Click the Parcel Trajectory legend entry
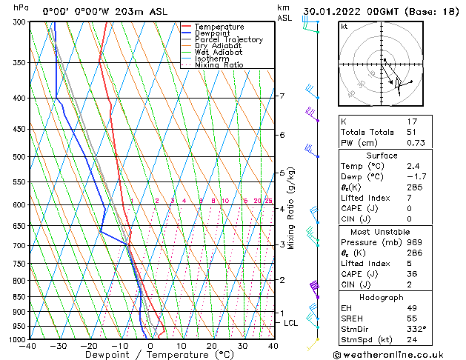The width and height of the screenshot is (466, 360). pyautogui.click(x=228, y=40)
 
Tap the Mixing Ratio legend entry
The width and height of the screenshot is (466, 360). pyautogui.click(x=219, y=65)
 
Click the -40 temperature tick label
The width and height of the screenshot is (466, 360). pyautogui.click(x=28, y=346)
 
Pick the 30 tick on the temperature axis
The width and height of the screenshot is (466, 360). pyautogui.click(x=242, y=346)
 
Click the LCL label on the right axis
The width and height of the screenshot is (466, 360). pyautogui.click(x=291, y=323)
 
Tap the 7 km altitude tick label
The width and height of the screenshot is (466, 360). pyautogui.click(x=282, y=96)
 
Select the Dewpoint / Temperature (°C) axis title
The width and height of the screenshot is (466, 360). pyautogui.click(x=150, y=355)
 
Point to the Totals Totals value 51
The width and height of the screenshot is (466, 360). pyautogui.click(x=413, y=132)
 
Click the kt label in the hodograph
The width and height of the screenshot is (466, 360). pyautogui.click(x=344, y=27)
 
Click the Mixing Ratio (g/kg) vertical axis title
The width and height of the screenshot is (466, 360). pyautogui.click(x=291, y=208)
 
